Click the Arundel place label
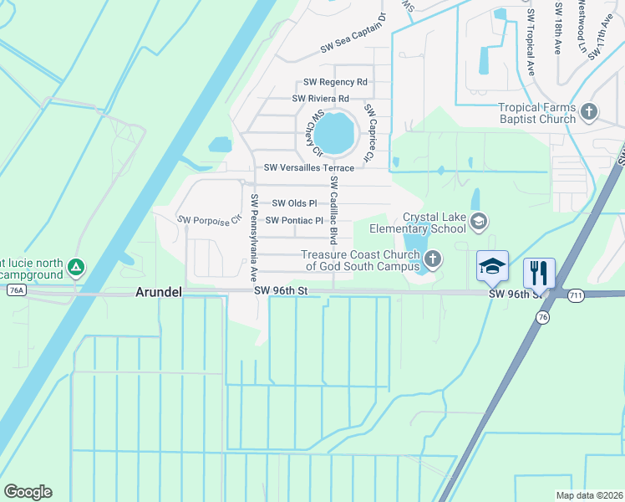(x=158, y=292)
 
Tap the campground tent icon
(x=76, y=267)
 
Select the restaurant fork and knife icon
(x=539, y=272)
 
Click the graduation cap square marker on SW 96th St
(x=492, y=267)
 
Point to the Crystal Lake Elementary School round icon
(x=479, y=221)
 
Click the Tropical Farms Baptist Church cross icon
(x=590, y=111)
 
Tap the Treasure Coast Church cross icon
(x=432, y=259)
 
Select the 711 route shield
(x=574, y=295)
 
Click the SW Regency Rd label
(x=336, y=82)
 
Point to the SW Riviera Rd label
(x=320, y=99)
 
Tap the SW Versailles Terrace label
(x=308, y=167)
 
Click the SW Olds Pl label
(x=294, y=203)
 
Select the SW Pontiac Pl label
(x=294, y=220)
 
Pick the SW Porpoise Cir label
(x=209, y=219)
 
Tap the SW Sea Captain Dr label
(x=354, y=35)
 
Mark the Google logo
(x=28, y=492)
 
